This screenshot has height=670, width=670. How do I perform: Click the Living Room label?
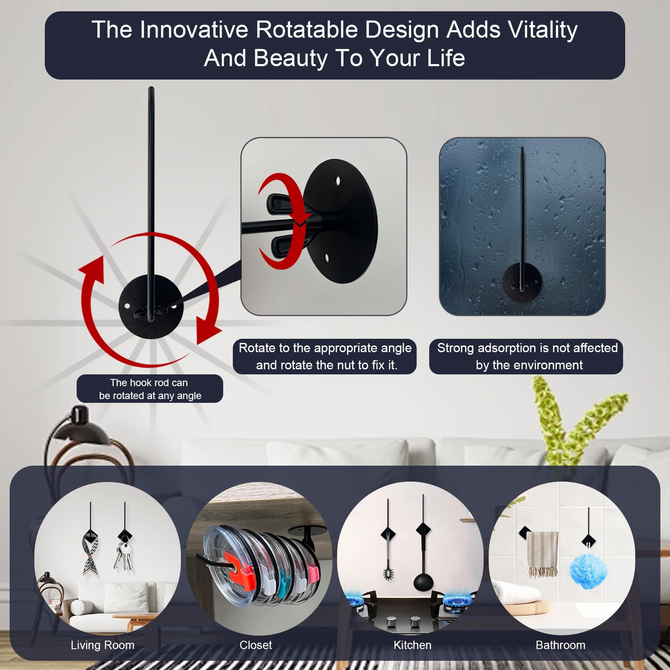103,645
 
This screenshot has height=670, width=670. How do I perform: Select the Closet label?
255,645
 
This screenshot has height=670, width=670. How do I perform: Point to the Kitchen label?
412,645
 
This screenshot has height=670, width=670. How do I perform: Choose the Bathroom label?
560,645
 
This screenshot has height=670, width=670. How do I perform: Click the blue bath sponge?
588,571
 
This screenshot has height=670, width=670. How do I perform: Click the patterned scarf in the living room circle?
90,553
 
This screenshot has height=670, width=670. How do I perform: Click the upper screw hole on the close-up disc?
338,181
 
